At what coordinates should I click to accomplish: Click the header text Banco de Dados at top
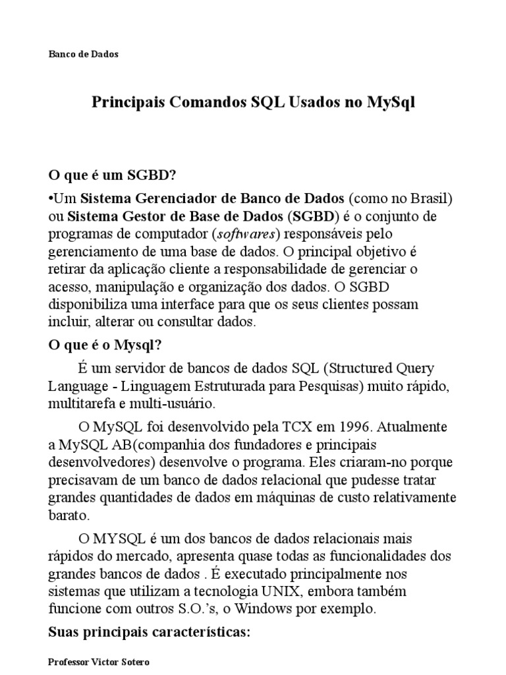coord(84,55)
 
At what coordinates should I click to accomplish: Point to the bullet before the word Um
coord(51,198)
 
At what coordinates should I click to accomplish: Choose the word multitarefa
coord(80,403)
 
